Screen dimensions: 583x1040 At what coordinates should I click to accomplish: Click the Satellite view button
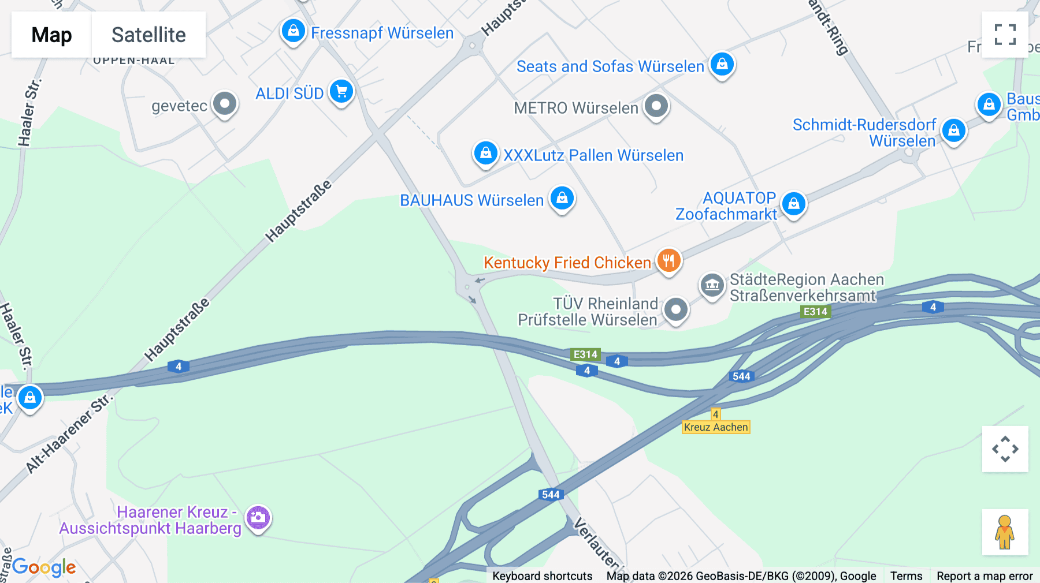click(148, 35)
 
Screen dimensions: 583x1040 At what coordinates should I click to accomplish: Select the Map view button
click(51, 35)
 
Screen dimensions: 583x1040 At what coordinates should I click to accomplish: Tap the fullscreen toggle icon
click(1005, 35)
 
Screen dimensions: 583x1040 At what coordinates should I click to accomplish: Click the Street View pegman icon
click(1005, 532)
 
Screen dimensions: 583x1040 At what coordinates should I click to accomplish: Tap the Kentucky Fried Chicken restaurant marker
click(668, 260)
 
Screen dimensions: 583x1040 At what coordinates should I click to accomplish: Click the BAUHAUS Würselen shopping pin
click(562, 198)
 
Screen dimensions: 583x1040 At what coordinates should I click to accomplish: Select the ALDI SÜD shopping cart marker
click(341, 91)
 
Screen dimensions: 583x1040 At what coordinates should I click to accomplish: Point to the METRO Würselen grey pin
click(656, 106)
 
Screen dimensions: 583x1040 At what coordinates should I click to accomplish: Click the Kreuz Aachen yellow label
click(716, 427)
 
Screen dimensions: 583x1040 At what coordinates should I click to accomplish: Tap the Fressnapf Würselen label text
click(382, 33)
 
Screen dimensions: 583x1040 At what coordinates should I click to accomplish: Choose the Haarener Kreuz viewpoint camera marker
click(258, 517)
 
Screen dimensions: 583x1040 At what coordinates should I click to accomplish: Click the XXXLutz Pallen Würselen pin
click(486, 153)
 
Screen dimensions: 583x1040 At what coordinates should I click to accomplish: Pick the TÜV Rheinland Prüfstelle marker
click(675, 309)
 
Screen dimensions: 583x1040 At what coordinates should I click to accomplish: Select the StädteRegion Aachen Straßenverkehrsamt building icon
click(712, 285)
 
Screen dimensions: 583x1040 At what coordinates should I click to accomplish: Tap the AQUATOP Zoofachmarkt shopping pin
click(794, 203)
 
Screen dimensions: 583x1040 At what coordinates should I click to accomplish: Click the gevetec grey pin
click(225, 104)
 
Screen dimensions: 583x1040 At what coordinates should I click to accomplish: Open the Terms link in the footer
click(906, 575)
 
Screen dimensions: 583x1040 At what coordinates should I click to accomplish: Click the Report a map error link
click(985, 575)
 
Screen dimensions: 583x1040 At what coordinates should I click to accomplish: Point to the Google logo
click(44, 567)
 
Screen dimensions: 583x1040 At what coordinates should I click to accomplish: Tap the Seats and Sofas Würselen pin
click(722, 64)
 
